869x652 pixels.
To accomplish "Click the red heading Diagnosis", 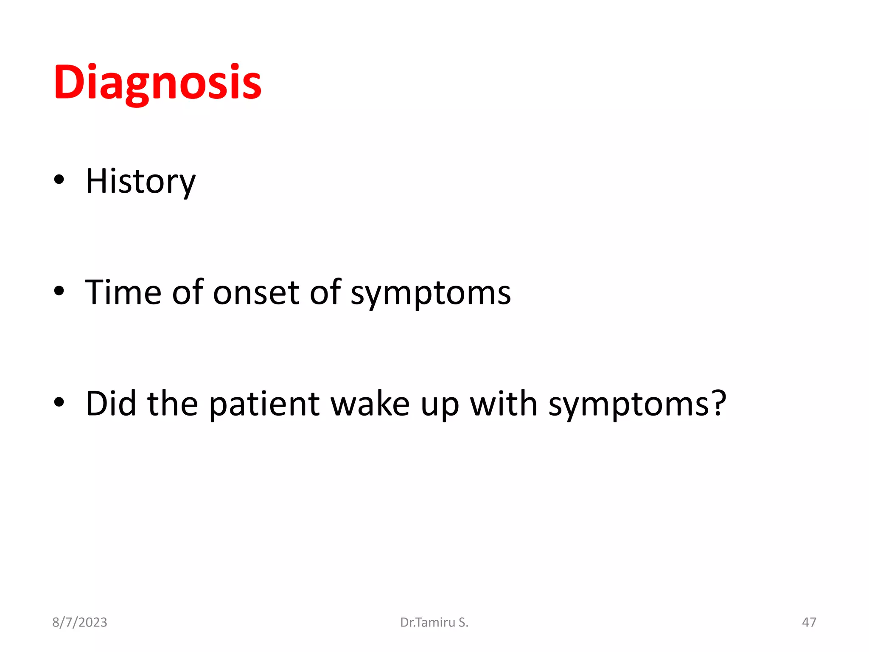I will pyautogui.click(x=157, y=83).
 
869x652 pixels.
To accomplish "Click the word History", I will pyautogui.click(x=140, y=182).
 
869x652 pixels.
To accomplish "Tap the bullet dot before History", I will pyautogui.click(x=59, y=180).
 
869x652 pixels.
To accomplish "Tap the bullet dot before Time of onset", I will pyautogui.click(x=59, y=291).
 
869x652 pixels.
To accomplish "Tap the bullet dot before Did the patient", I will pyautogui.click(x=59, y=402).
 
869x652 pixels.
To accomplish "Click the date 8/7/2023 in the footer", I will pyautogui.click(x=79, y=622).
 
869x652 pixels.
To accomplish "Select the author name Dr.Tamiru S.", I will pyautogui.click(x=434, y=622).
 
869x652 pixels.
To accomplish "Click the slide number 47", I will pyautogui.click(x=809, y=622).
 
